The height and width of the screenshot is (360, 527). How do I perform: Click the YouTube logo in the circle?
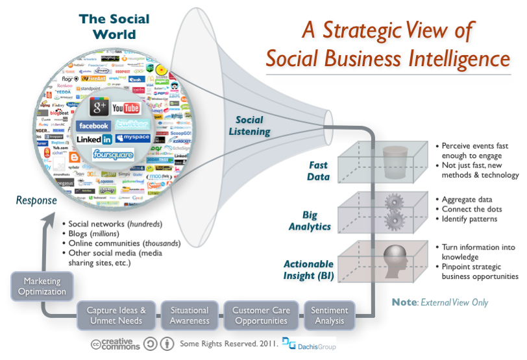click(x=126, y=108)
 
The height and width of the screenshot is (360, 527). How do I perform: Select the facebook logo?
click(x=93, y=126)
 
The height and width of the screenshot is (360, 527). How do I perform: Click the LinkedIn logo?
click(x=94, y=139)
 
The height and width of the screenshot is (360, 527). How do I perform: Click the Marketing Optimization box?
click(x=38, y=286)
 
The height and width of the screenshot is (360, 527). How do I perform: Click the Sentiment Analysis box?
click(x=330, y=316)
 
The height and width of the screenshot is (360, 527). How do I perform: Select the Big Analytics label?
click(x=317, y=221)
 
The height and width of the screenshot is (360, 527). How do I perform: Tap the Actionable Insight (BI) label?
click(x=308, y=270)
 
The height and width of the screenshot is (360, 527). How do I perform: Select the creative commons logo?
click(x=116, y=344)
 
